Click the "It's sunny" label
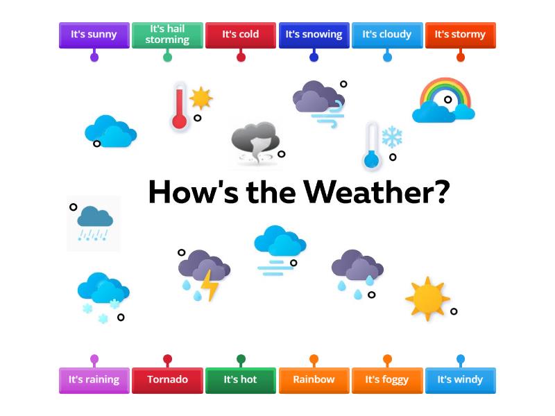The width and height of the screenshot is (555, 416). click(x=94, y=34)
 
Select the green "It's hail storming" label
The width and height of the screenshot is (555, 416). click(x=167, y=34)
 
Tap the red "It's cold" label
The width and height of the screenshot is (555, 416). click(x=241, y=34)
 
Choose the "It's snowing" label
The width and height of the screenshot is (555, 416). click(x=314, y=34)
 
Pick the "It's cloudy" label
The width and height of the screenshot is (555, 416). click(x=387, y=34)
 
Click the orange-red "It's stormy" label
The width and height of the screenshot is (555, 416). click(x=460, y=34)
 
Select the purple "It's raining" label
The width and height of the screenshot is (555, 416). click(x=94, y=379)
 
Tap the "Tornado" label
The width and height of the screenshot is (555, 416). click(x=167, y=379)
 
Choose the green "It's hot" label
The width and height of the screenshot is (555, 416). click(x=241, y=379)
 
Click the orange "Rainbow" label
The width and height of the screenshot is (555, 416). click(x=314, y=379)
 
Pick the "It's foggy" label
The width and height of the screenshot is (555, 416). click(x=387, y=379)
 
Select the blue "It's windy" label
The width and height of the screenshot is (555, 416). click(x=460, y=379)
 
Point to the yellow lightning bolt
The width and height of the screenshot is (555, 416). click(x=209, y=284)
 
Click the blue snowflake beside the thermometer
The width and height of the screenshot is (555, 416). click(x=392, y=137)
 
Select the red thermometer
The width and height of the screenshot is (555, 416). click(x=180, y=107)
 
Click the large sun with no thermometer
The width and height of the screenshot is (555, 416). click(x=427, y=298)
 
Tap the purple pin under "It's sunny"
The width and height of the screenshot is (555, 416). click(x=94, y=57)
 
